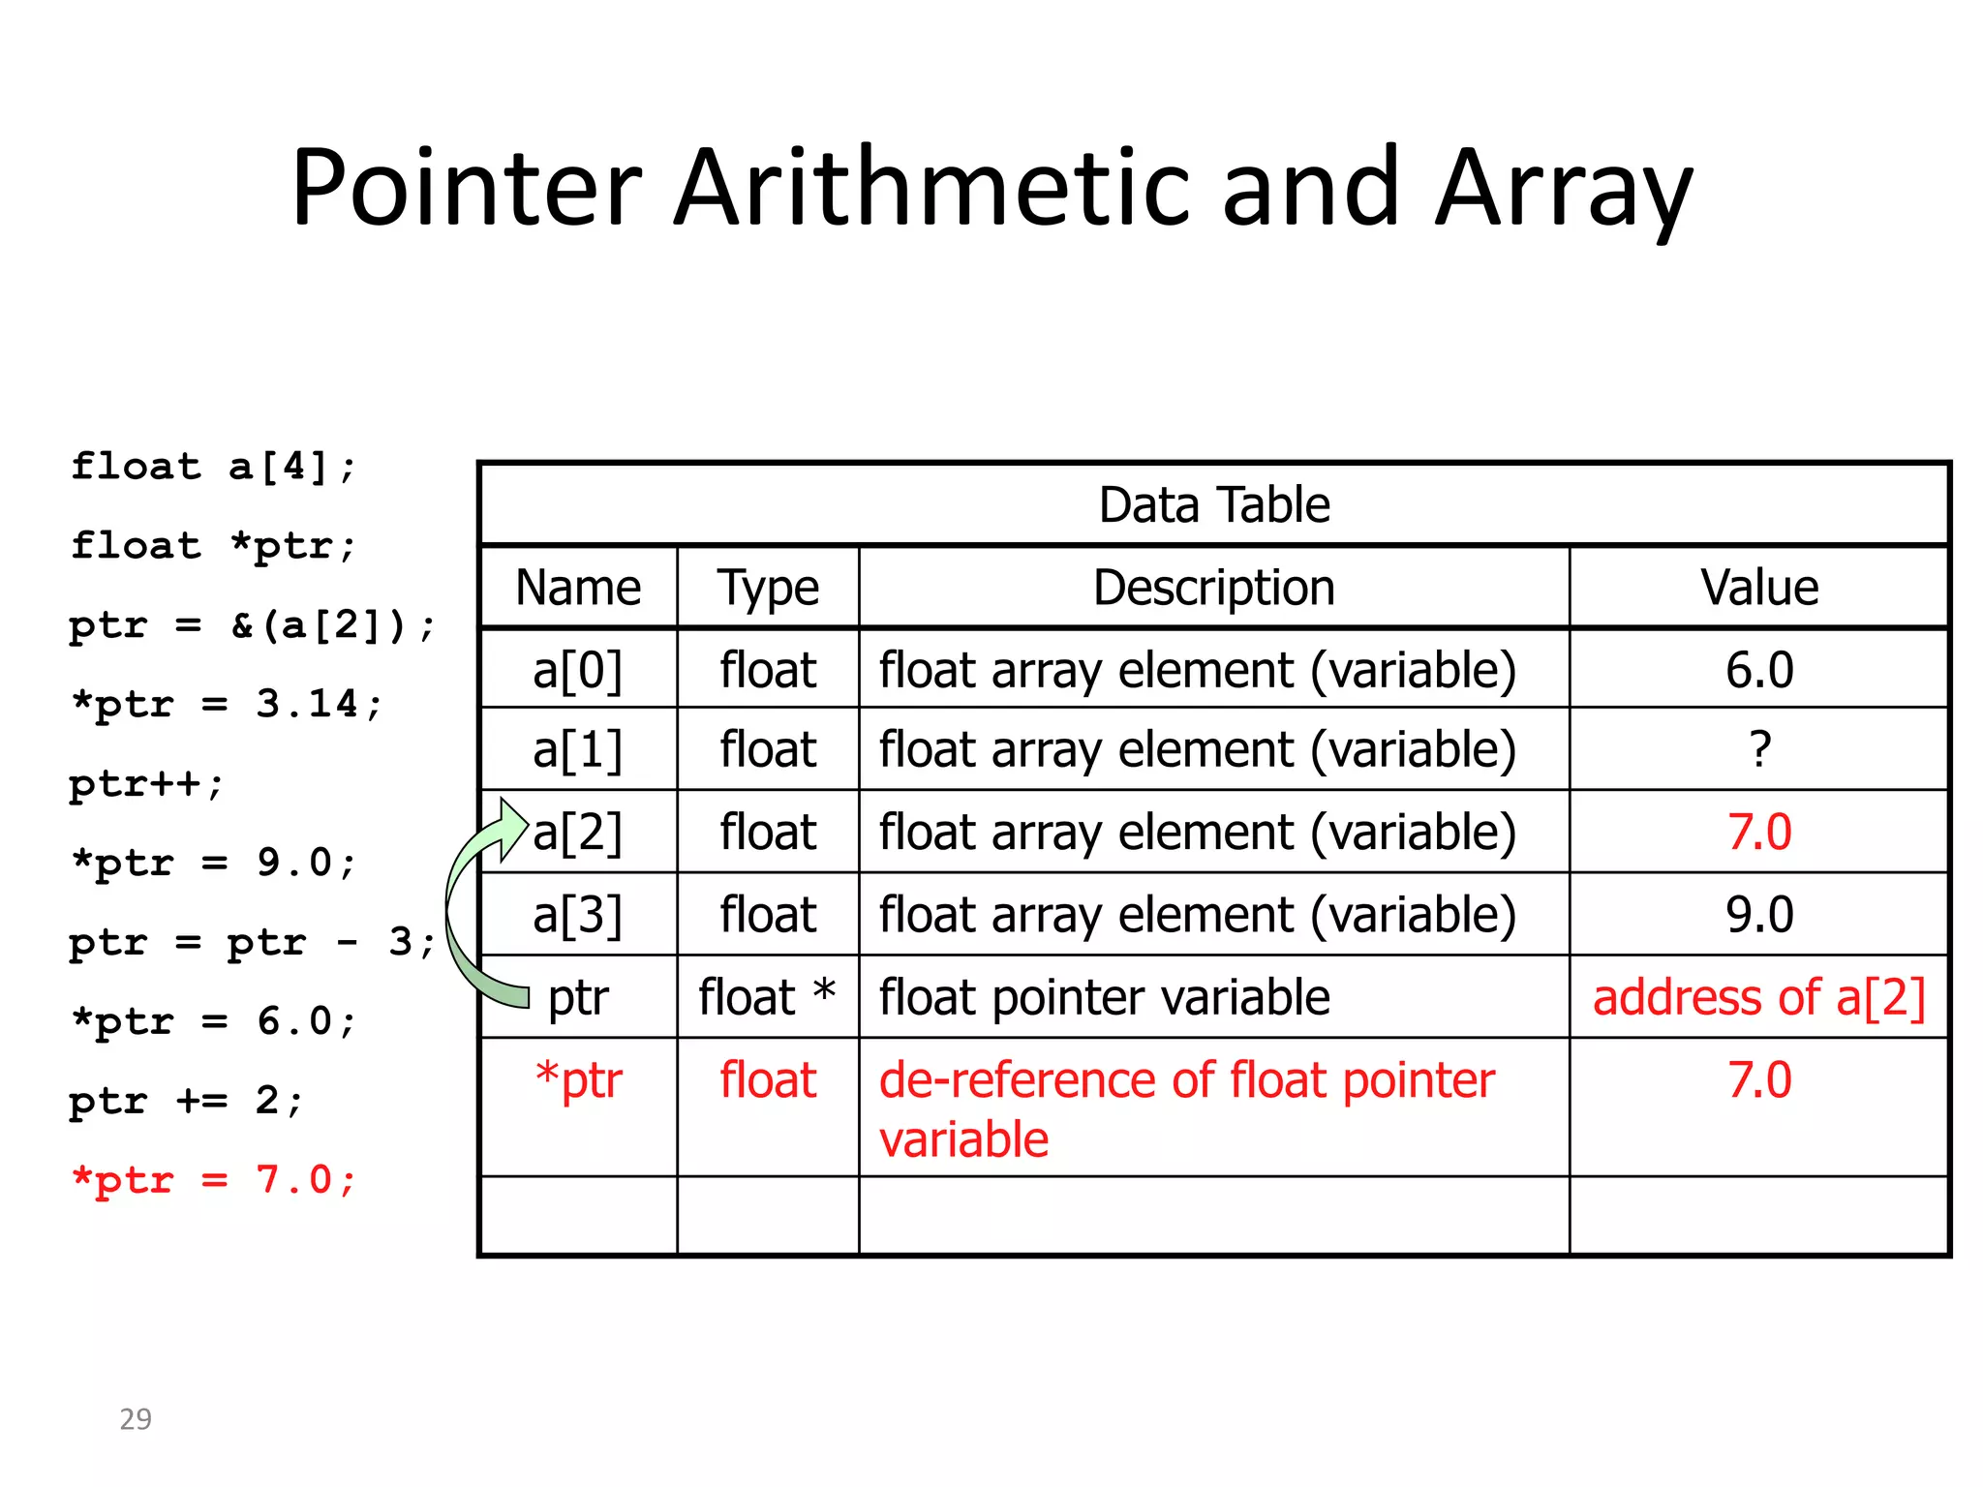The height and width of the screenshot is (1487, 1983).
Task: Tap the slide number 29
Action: tap(136, 1419)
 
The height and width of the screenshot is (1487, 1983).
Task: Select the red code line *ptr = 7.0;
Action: tap(214, 1180)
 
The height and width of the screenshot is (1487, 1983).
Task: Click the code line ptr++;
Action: tap(146, 783)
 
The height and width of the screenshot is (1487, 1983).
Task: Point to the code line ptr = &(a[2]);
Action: tap(252, 625)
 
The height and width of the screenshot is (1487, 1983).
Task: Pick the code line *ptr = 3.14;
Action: tap(227, 704)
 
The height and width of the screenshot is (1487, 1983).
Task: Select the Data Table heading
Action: tap(1214, 505)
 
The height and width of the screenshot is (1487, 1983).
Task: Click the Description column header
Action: tap(1214, 588)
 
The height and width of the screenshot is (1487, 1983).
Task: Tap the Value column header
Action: tap(1759, 588)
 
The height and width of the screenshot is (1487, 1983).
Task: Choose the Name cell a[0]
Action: tap(578, 670)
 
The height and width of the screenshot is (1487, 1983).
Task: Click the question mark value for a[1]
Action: tap(1759, 750)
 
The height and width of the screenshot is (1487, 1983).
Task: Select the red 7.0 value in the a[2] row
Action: tap(1759, 833)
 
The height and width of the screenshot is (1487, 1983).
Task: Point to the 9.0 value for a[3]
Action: tap(1759, 915)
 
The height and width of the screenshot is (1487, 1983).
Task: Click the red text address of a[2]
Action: tap(1758, 998)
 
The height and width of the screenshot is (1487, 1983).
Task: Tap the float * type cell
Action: tap(767, 998)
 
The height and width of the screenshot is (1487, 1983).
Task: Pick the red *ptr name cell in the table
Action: tap(579, 1080)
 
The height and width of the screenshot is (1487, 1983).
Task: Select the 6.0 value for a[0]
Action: tap(1759, 670)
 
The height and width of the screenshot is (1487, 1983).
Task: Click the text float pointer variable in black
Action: tap(1104, 998)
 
